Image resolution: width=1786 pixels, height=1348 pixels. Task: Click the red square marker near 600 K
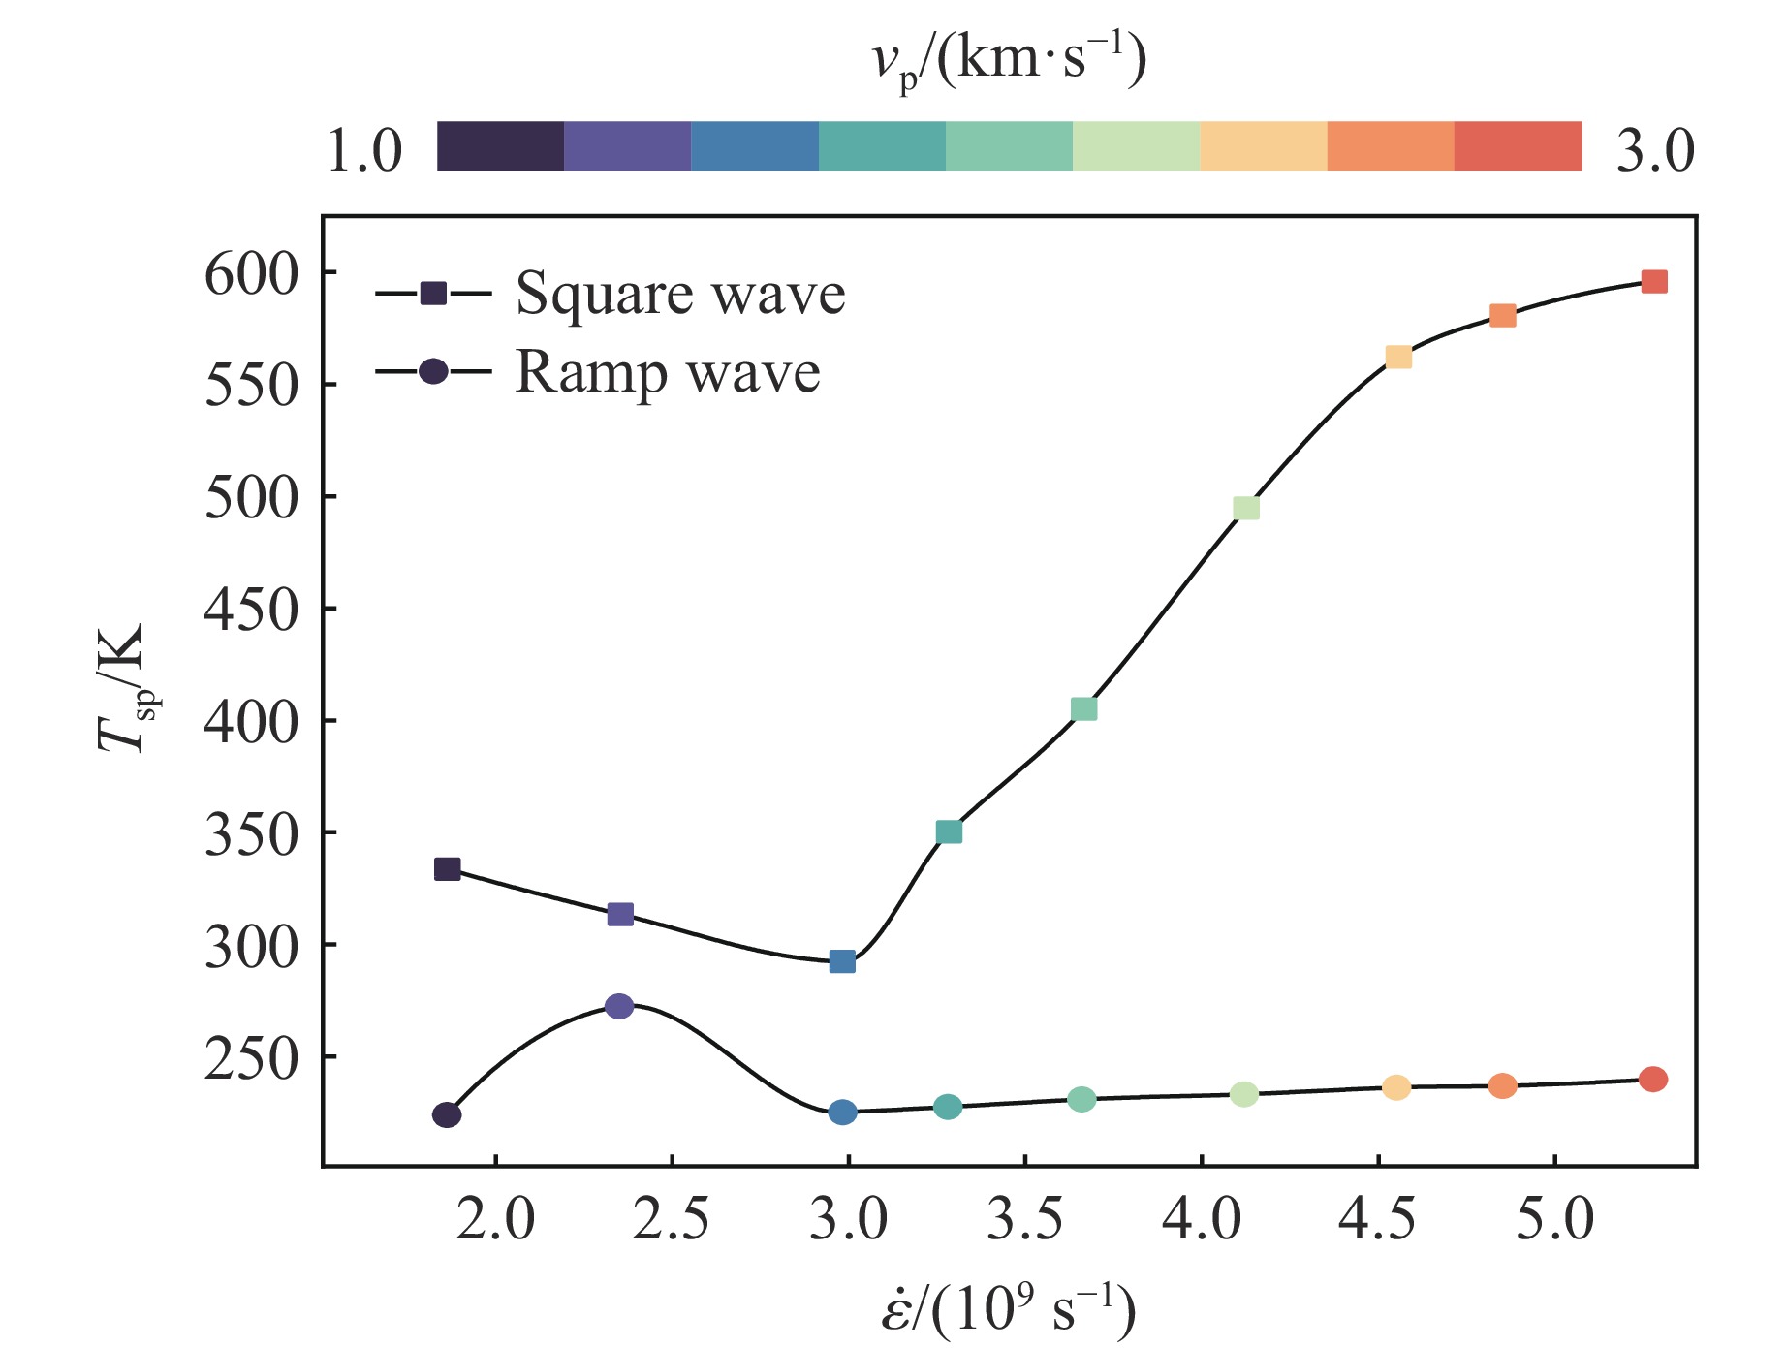click(x=1654, y=282)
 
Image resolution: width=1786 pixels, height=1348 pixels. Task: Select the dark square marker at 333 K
click(x=447, y=869)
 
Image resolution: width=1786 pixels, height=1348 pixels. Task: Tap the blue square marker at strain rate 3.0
click(x=842, y=961)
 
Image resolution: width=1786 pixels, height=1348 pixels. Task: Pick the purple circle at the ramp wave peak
click(x=619, y=1006)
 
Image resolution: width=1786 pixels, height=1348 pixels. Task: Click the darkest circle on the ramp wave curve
click(x=447, y=1114)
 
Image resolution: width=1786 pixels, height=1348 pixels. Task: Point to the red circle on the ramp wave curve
click(x=1653, y=1079)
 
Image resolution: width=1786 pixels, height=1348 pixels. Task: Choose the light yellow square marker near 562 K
click(x=1398, y=358)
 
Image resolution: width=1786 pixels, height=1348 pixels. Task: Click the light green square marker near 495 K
click(x=1246, y=509)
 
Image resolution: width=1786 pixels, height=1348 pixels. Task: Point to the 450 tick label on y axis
click(x=250, y=611)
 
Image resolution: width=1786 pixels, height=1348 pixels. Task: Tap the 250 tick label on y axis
click(x=250, y=1059)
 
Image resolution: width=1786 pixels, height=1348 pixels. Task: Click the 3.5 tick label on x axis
click(x=1024, y=1219)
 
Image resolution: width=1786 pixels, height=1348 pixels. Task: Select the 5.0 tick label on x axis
click(x=1554, y=1219)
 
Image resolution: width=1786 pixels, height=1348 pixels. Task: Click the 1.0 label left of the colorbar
click(x=364, y=150)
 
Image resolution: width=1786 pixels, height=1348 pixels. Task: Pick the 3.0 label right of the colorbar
click(x=1655, y=150)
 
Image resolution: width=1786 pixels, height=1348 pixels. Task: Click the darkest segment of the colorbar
click(x=500, y=146)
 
